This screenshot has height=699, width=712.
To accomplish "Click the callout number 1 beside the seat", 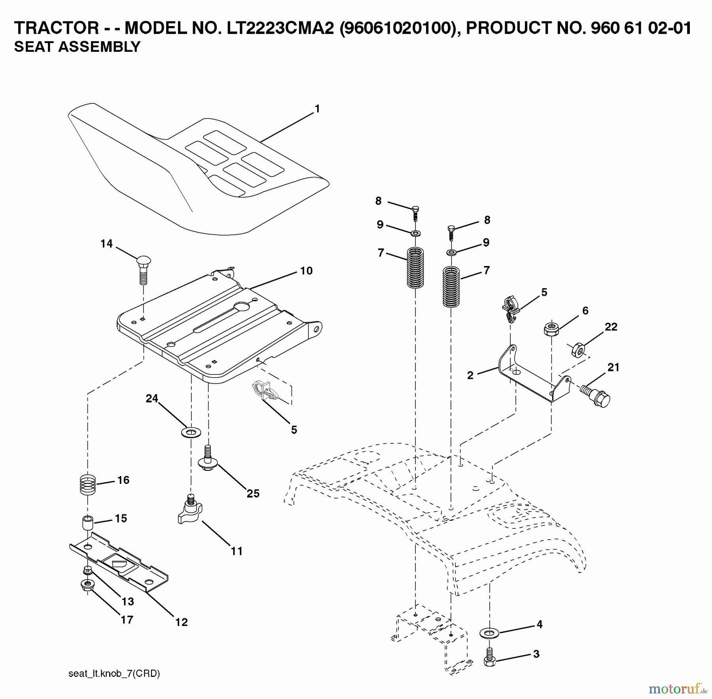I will [317, 109].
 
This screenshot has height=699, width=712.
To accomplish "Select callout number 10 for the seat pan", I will [306, 271].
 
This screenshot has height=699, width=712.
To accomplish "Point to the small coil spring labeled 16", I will [88, 485].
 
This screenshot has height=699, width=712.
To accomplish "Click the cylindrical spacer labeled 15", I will [87, 524].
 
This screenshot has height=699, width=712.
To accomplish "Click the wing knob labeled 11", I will [190, 512].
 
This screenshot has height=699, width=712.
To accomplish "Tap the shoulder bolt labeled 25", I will [206, 459].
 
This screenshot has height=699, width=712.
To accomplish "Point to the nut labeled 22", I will [578, 349].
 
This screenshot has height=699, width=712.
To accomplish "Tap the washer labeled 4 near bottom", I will [489, 633].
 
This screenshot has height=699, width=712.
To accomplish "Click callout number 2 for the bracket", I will [470, 375].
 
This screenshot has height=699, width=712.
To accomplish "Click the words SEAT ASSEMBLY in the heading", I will [77, 47].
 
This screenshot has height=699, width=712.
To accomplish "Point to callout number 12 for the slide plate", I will [181, 622].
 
